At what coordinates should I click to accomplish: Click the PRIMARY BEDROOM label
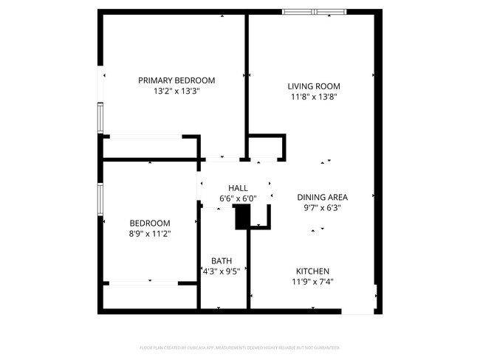point(176,80)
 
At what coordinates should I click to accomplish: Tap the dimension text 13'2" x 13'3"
point(176,91)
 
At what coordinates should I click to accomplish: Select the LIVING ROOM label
point(314,86)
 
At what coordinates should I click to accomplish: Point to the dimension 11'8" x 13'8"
point(314,97)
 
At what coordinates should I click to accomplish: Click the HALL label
point(238,188)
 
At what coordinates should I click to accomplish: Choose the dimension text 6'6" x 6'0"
point(238,198)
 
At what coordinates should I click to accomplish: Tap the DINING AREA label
point(322,197)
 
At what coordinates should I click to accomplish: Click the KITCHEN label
point(312,271)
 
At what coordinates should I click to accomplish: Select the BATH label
point(222,260)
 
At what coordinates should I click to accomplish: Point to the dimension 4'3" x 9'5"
point(222,271)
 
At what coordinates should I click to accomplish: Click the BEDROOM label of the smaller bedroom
point(150,224)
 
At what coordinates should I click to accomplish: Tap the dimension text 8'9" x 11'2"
point(150,234)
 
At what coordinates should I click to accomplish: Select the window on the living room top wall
point(315,12)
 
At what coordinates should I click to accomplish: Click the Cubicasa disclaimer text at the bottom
point(239,347)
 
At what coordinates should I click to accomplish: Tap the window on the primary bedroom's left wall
point(100,118)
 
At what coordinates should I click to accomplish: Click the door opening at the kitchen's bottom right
point(358,312)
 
